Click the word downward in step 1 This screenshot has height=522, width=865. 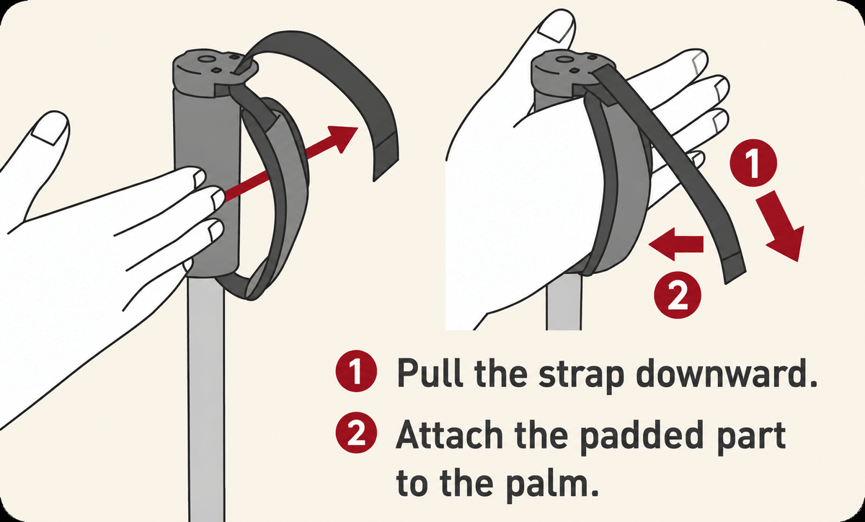(727, 373)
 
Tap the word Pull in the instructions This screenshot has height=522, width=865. (430, 373)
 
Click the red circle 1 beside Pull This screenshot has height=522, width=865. (356, 371)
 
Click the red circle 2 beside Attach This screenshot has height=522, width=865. (356, 433)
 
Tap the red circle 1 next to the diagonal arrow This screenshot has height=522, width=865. (753, 163)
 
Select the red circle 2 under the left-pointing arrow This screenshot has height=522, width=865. (678, 295)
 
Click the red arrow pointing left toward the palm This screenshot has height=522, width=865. (676, 244)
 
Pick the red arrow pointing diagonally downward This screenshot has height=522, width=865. (782, 226)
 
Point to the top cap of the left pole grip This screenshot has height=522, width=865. (214, 71)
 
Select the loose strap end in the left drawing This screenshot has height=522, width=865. (386, 154)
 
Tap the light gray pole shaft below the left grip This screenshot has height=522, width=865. (206, 398)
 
